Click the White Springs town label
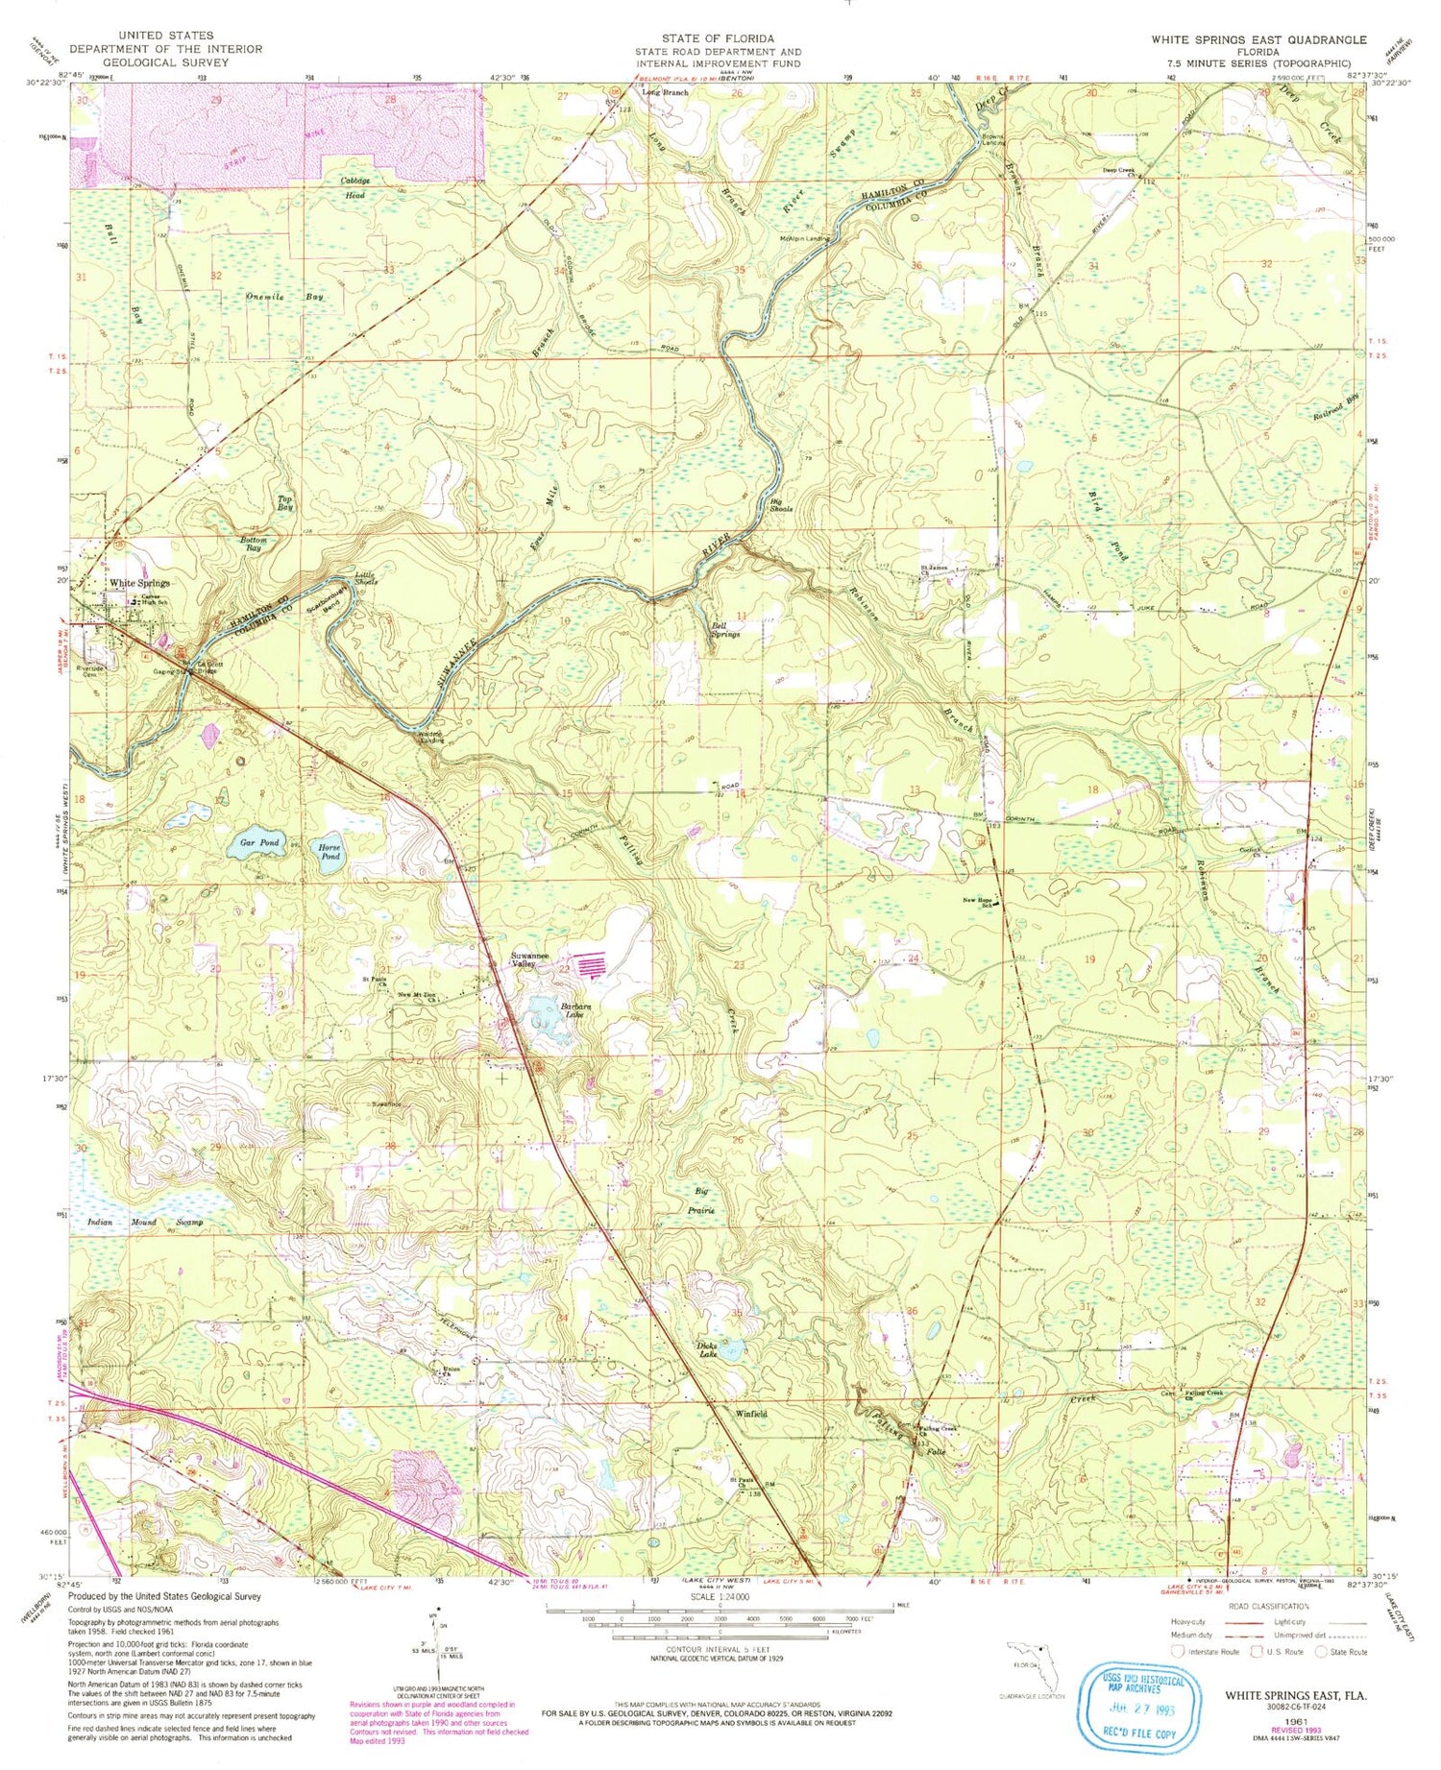tap(140, 583)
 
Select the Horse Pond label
tap(330, 851)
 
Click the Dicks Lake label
tap(707, 1349)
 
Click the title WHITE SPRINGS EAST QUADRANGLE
tap(1258, 39)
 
